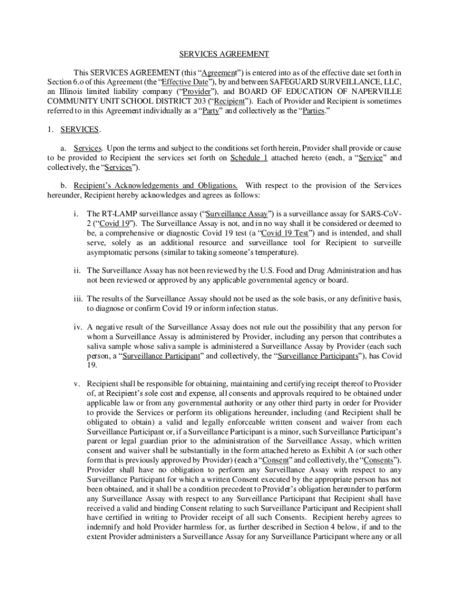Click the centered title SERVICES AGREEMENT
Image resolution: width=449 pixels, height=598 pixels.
pyautogui.click(x=224, y=54)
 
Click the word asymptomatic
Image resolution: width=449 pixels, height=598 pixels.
pyautogui.click(x=109, y=252)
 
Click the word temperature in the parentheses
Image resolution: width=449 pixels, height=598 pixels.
pyautogui.click(x=277, y=252)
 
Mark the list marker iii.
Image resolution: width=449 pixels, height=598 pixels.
pyautogui.click(x=78, y=299)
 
